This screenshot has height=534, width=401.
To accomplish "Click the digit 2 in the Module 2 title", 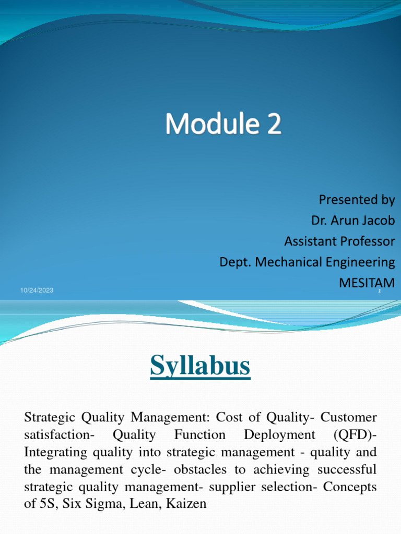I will (274, 125).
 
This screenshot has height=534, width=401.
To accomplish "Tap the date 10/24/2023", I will (37, 290).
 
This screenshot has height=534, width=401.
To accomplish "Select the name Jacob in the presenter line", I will (377, 221).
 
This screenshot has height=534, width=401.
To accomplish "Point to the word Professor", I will (368, 241).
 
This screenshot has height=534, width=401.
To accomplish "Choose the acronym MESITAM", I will (367, 282).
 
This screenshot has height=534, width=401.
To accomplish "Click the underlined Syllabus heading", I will (200, 366).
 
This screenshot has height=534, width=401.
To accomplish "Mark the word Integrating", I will (55, 452).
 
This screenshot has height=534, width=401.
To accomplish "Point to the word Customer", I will (348, 417).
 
